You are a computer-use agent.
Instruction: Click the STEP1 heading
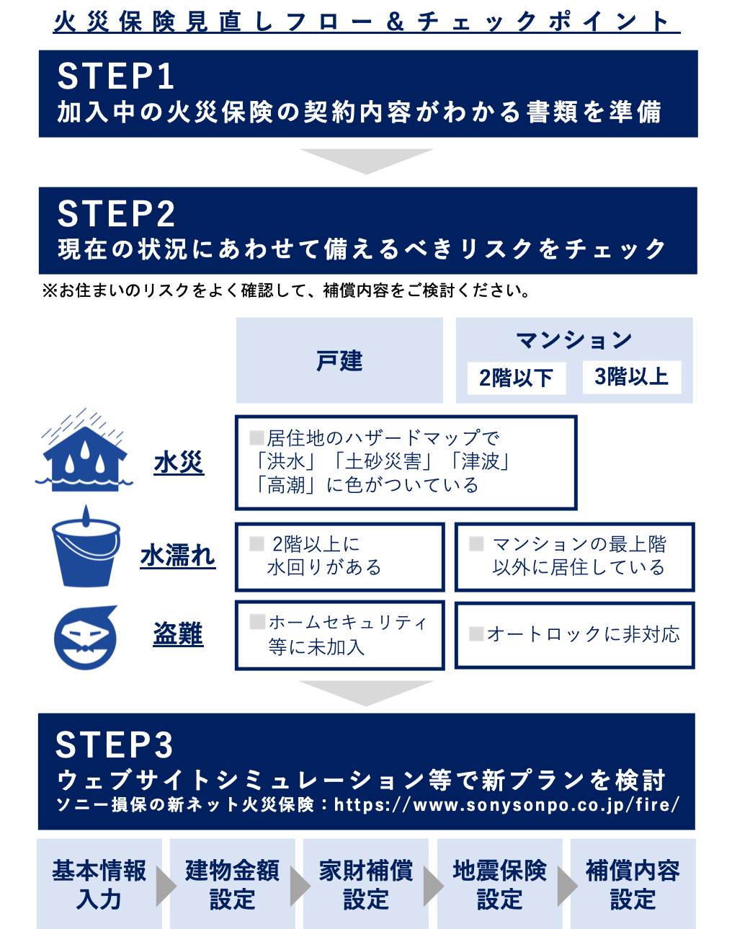[x=116, y=76]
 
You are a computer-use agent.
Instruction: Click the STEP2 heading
[x=116, y=214]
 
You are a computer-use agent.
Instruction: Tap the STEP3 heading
[x=115, y=745]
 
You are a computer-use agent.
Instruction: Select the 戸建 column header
[x=339, y=360]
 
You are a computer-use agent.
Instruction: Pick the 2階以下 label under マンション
[x=515, y=378]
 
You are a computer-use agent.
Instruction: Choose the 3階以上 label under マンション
[x=631, y=377]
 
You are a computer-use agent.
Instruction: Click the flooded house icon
[x=84, y=452]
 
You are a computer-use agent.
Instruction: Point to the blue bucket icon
[x=86, y=548]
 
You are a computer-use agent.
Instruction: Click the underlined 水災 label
[x=179, y=462]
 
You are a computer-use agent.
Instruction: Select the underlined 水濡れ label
[x=178, y=556]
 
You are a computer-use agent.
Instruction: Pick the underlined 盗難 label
[x=178, y=634]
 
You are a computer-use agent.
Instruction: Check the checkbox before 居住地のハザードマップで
[x=256, y=437]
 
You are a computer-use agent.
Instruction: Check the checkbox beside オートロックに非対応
[x=476, y=634]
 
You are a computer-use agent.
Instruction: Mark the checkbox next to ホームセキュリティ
[x=257, y=621]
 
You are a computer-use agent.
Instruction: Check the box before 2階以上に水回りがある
[x=256, y=544]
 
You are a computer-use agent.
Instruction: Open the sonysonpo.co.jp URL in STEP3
[x=506, y=804]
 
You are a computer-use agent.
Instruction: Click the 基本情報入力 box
[x=99, y=884]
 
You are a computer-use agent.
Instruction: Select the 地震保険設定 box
[x=499, y=884]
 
